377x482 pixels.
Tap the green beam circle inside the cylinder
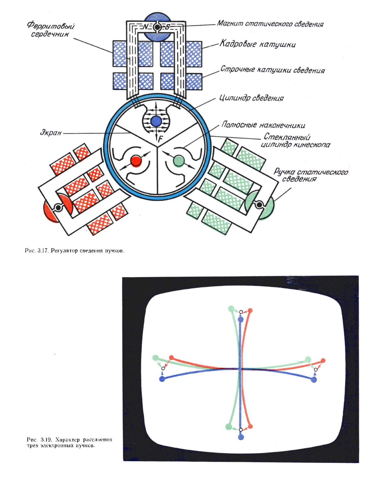[x=179, y=161]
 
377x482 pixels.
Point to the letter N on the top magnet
[x=145, y=27]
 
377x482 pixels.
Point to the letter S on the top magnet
[x=167, y=27]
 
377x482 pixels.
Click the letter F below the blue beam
[x=160, y=139]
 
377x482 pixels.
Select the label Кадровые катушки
[x=258, y=44]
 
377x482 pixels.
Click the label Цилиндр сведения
[x=251, y=98]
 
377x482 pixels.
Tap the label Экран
[x=51, y=133]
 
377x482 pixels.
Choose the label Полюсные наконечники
[x=263, y=125]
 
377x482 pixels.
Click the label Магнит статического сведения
[x=270, y=24]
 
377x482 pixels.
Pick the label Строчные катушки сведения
[x=273, y=70]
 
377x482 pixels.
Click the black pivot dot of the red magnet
[x=58, y=208]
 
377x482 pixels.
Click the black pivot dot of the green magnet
[x=258, y=205]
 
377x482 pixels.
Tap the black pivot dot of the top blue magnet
[x=157, y=27]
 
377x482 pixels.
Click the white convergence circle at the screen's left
[x=163, y=368]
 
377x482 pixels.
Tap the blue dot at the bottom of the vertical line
[x=241, y=437]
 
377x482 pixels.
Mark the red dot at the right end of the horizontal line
[x=323, y=361]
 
